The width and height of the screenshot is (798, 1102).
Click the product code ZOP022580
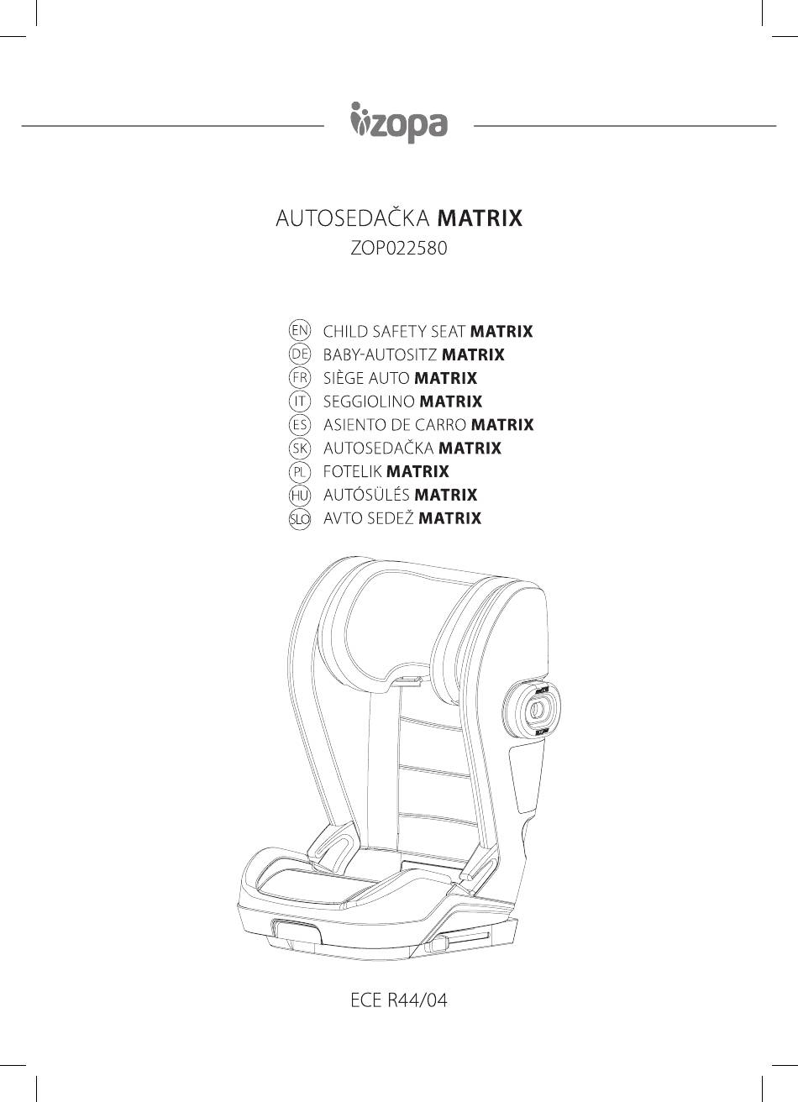[398, 249]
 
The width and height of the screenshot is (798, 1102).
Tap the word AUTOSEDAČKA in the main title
[353, 217]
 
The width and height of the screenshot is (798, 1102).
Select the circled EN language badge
[299, 331]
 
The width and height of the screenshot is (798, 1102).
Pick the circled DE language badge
[299, 354]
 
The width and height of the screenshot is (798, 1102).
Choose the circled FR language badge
[299, 378]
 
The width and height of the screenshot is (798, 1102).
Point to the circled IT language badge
[299, 401]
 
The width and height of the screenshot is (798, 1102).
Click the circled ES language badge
[299, 424]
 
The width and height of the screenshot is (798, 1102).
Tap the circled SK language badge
[299, 448]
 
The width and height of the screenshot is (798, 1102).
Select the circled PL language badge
[299, 471]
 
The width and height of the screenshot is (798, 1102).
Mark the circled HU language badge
[299, 495]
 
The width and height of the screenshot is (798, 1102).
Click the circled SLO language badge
[299, 518]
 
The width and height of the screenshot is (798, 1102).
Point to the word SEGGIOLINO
[369, 401]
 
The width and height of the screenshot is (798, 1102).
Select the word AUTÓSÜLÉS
[366, 495]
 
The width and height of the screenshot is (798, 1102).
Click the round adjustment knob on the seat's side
[535, 708]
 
